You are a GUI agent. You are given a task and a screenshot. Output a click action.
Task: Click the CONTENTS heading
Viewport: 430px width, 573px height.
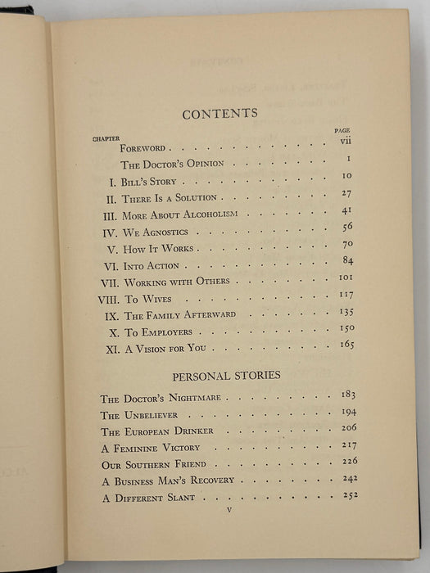coord(220,113)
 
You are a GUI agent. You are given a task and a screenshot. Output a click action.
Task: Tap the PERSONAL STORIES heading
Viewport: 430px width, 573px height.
coord(226,375)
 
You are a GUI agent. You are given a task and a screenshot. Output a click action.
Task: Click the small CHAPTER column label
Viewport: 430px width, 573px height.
coord(106,138)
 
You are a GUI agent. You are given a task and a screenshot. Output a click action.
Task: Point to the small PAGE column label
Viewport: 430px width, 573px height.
coord(342,130)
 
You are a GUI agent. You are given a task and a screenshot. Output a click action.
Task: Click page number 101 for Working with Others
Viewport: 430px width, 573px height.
coord(346,281)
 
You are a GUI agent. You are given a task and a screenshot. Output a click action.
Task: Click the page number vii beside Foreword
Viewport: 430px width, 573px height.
coord(347,141)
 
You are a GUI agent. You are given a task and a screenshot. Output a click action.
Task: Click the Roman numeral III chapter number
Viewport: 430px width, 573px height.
coord(111,215)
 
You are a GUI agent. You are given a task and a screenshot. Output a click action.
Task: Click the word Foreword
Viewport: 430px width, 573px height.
coord(143,149)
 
